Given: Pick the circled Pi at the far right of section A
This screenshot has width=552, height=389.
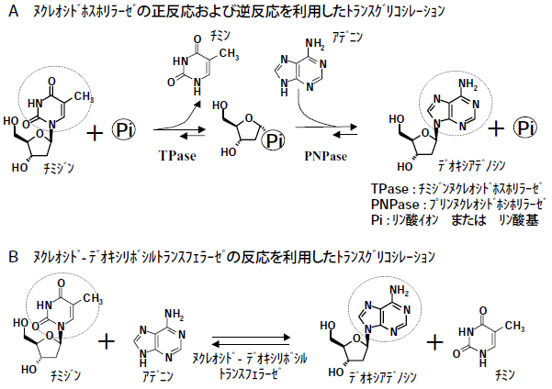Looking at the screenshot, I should (x=525, y=128).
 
